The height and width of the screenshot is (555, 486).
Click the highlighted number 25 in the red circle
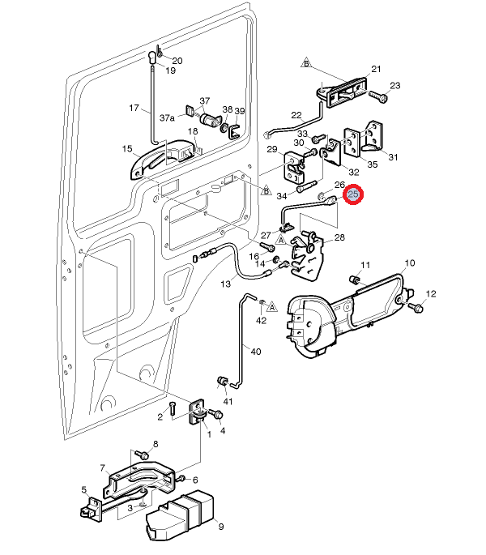pos(354,195)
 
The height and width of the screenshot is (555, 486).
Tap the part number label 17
pos(134,108)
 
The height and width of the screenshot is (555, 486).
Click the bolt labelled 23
pos(381,95)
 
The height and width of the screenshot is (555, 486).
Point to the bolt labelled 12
pos(417,308)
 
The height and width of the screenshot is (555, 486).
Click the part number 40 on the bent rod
pos(256,352)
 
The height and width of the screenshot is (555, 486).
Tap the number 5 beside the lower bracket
pos(83,489)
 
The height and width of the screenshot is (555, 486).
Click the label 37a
pos(167,117)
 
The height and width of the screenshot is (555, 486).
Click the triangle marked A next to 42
pos(272,307)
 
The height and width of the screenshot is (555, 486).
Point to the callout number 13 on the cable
pos(225,284)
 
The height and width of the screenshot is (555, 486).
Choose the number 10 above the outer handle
pos(409,263)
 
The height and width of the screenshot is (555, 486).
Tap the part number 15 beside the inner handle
pos(127,148)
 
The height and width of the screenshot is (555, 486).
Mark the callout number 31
pos(394,156)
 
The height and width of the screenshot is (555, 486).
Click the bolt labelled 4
pos(216,414)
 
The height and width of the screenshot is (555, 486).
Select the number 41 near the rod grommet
pos(228,402)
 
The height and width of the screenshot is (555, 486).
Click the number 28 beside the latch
pos(339,237)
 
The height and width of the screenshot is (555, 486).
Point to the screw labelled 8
pos(139,455)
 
